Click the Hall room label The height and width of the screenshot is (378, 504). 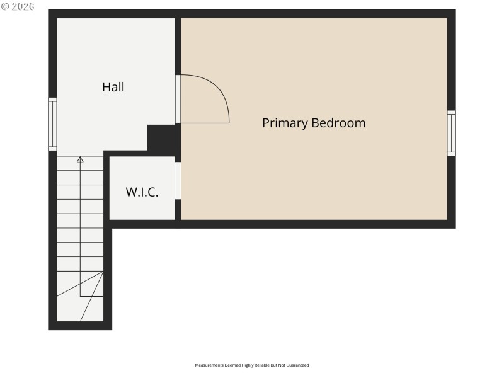[x=113, y=88]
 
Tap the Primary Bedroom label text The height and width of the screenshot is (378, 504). [x=314, y=123]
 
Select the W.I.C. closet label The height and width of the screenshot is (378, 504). [x=142, y=192]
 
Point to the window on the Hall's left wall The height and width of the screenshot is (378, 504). [x=52, y=124]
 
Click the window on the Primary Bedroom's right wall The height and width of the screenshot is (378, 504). [x=451, y=133]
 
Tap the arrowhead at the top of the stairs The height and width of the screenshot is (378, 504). [x=80, y=160]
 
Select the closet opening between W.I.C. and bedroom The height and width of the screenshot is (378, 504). [x=178, y=181]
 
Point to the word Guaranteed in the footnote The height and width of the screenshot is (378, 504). [x=297, y=365]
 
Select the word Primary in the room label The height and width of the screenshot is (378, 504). [x=285, y=123]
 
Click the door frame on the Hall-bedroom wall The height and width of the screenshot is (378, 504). [x=178, y=99]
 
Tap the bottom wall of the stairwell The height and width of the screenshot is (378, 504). [x=80, y=326]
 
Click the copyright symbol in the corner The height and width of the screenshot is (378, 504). [x=4, y=6]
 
